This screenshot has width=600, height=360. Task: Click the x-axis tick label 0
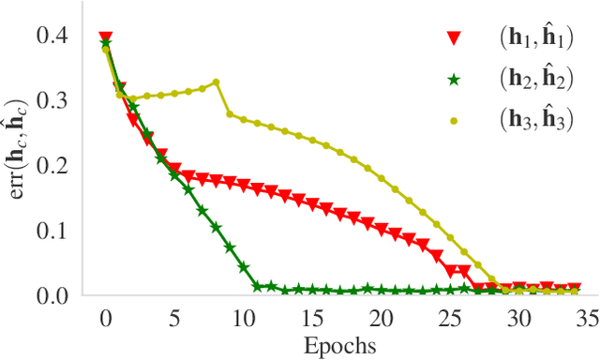coord(105,318)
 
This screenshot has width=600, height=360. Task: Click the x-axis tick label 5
coord(174,318)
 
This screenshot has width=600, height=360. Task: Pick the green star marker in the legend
coord(454,81)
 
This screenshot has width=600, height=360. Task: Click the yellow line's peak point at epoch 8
coord(217,82)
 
